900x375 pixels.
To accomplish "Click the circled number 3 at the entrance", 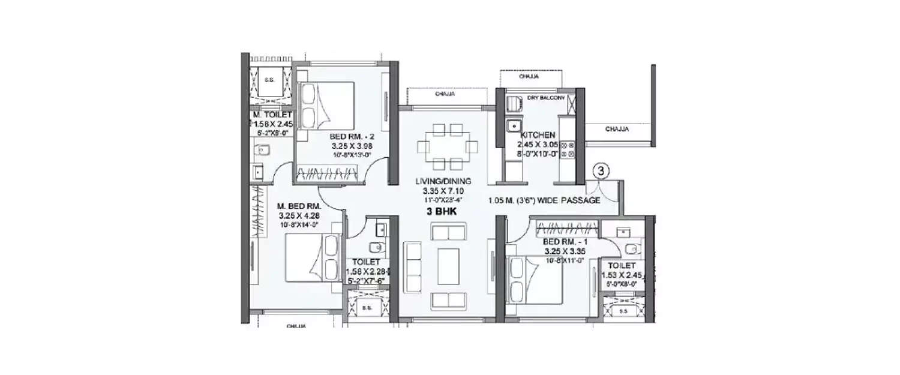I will coord(603,171).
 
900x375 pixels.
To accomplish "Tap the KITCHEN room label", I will coord(538,135).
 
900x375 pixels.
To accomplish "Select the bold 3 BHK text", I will coord(444,211).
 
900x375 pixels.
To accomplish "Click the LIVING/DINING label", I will coord(443,181).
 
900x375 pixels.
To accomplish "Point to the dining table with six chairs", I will coord(448,146).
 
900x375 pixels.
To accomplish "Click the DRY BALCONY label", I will coord(545,97).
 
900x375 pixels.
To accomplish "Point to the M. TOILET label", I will coord(272,115).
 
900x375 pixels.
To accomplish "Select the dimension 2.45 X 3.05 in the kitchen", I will coord(538,145).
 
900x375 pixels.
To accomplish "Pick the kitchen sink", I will coord(513,126).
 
